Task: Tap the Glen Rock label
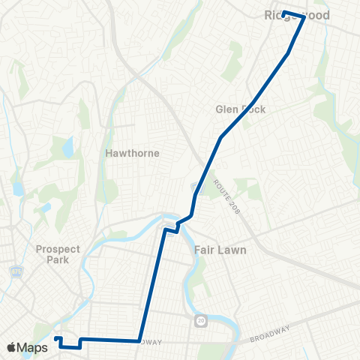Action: click(241, 109)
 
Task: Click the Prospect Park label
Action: click(58, 253)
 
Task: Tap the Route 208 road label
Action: click(225, 198)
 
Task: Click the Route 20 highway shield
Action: click(200, 321)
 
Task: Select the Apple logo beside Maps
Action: click(12, 347)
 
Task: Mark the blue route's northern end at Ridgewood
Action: click(283, 13)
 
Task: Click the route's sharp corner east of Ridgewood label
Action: click(304, 16)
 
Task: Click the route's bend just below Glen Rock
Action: click(221, 137)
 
